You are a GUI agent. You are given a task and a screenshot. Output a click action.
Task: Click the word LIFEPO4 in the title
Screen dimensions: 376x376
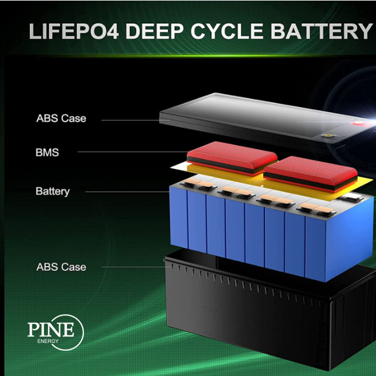click(x=74, y=31)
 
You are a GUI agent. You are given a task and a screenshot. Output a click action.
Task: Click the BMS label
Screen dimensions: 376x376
click(x=47, y=153)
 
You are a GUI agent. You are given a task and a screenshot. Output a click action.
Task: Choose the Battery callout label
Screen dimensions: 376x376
click(x=52, y=191)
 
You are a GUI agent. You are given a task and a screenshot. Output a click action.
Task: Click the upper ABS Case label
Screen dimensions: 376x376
click(x=61, y=118)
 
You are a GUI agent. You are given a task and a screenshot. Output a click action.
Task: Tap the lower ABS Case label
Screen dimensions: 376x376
click(x=61, y=267)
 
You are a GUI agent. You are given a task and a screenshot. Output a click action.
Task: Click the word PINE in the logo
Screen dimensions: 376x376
click(x=51, y=329)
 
